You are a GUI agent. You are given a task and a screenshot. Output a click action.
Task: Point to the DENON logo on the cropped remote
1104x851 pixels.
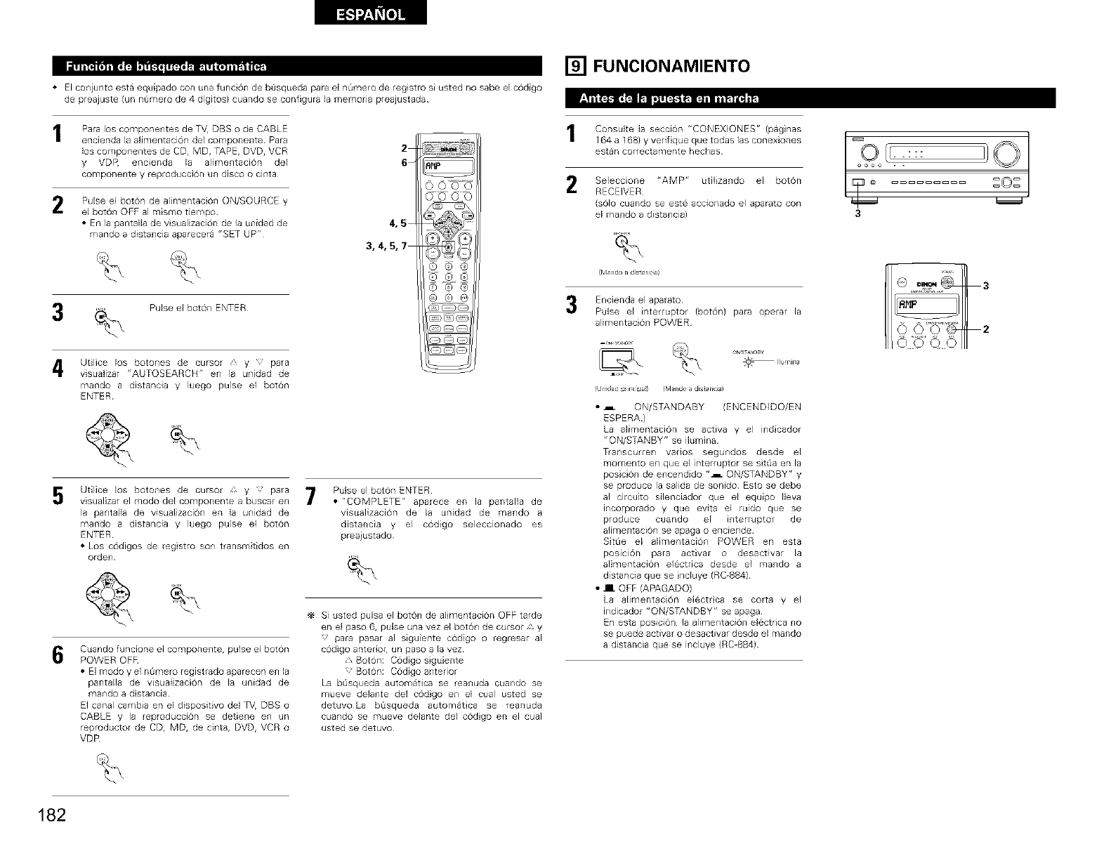pos(925,284)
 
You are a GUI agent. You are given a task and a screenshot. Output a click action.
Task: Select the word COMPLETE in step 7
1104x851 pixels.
pos(373,501)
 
